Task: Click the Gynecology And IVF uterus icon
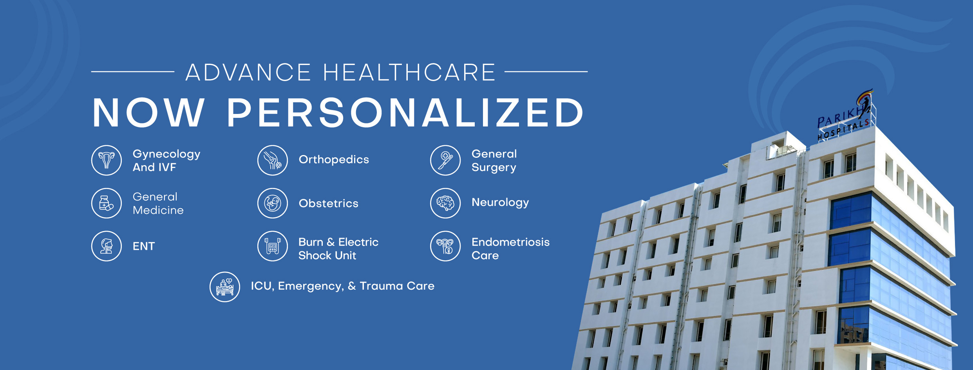(107, 161)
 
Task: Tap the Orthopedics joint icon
(273, 161)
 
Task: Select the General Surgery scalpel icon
(445, 161)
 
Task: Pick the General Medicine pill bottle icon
(107, 203)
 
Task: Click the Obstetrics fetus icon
(273, 203)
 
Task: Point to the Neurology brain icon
(445, 203)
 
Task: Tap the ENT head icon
(107, 246)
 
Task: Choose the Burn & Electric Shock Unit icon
(273, 246)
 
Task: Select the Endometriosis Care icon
(445, 246)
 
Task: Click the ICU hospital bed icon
(225, 287)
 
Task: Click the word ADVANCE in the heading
(248, 72)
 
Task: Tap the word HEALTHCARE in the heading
(409, 72)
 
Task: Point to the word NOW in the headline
(148, 113)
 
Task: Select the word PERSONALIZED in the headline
(405, 113)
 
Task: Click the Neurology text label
(500, 203)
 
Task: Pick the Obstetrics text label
(329, 203)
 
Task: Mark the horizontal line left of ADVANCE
(133, 72)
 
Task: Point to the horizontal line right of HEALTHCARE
(546, 72)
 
